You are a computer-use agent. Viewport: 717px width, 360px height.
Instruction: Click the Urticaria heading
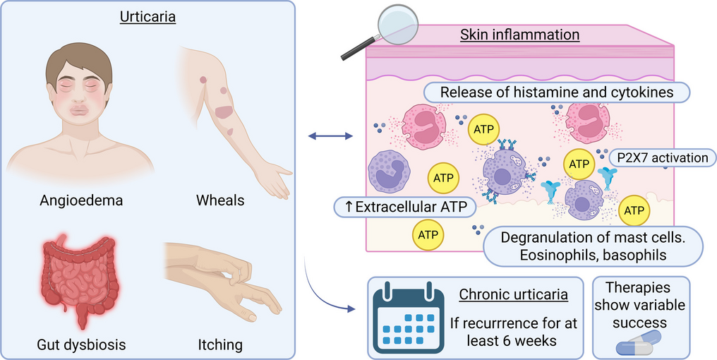pos(147,18)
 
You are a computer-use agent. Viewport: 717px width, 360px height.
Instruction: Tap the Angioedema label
pos(81,200)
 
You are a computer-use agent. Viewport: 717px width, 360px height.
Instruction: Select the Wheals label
pos(220,200)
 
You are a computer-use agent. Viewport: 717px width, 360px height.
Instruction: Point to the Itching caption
pos(220,344)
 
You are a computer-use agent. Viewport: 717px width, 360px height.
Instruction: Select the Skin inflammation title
pos(520,35)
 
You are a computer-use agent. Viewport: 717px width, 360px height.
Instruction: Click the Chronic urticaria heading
pos(513,294)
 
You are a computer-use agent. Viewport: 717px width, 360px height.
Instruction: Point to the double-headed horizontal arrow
pos(330,136)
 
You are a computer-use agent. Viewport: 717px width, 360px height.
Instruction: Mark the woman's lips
pos(78,111)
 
